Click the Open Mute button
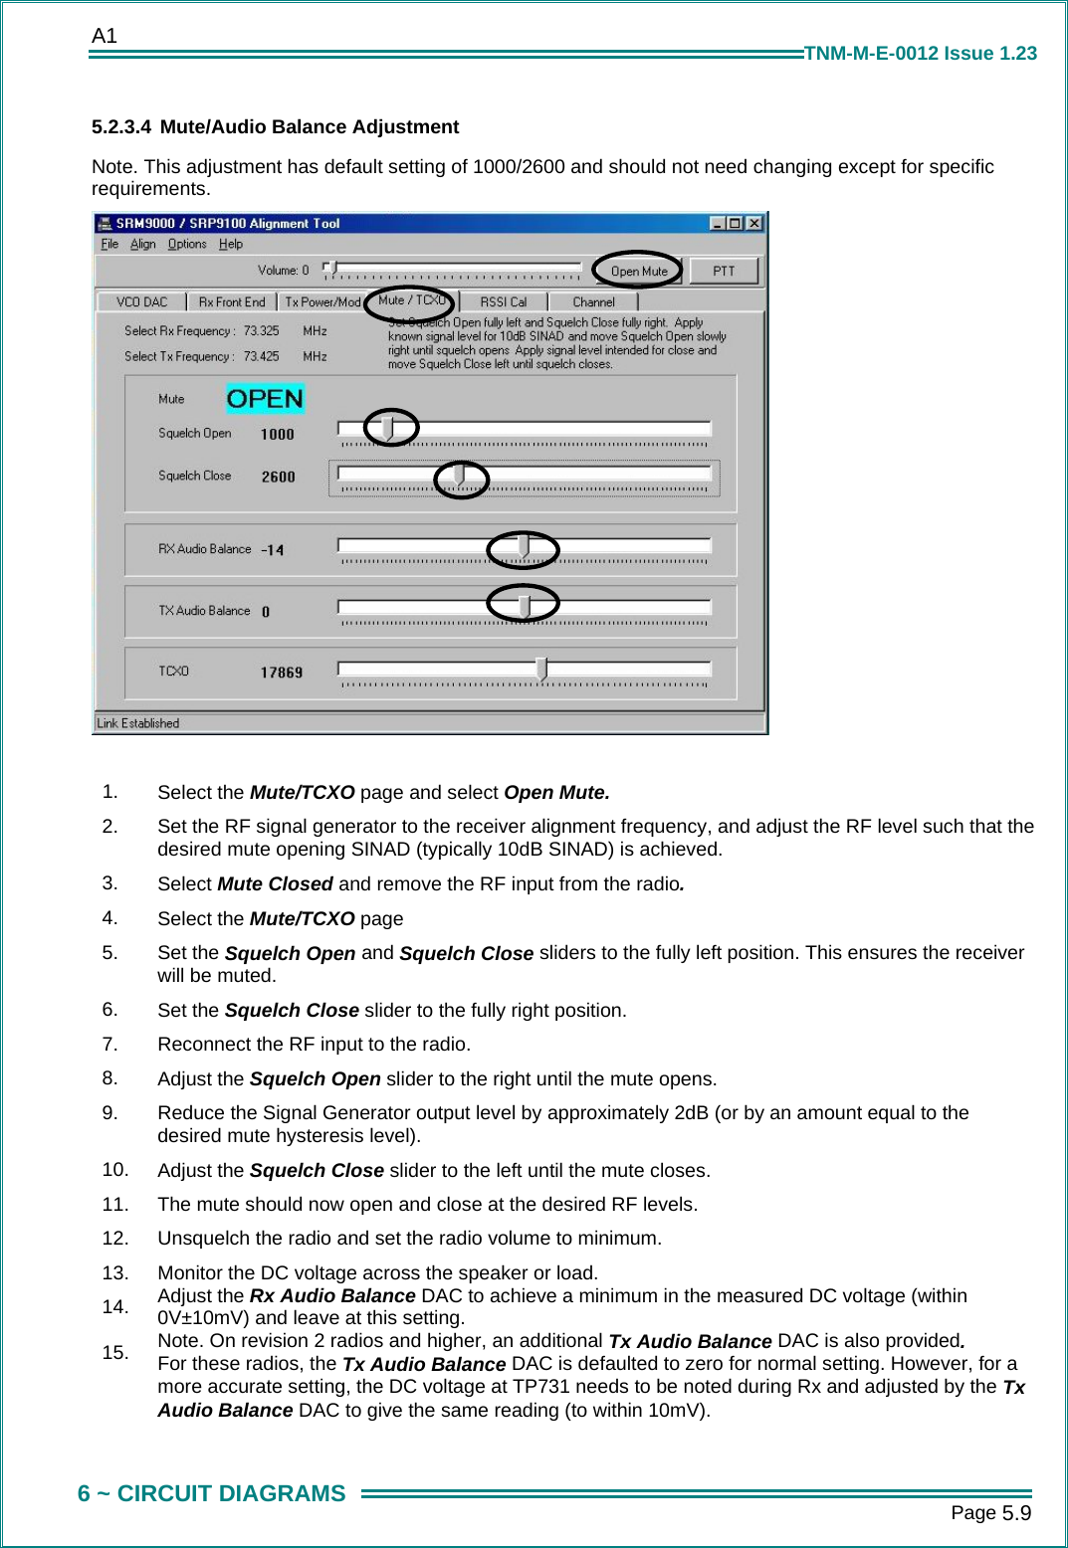click(638, 271)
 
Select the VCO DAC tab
click(141, 301)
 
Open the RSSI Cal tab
click(503, 301)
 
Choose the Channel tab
click(593, 301)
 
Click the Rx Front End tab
click(231, 301)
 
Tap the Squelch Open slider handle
click(388, 428)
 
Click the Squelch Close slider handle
click(459, 476)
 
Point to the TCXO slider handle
click(541, 669)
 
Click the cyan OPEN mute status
click(265, 399)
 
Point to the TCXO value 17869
click(281, 673)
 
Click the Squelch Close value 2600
click(278, 477)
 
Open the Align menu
click(142, 244)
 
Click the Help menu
click(230, 244)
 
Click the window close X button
click(754, 223)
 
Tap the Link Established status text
click(138, 723)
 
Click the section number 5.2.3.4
click(120, 127)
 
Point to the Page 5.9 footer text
click(990, 1513)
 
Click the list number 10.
click(115, 1170)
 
